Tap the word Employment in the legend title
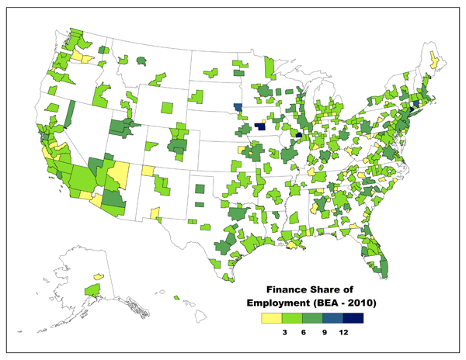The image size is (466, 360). pyautogui.click(x=282, y=302)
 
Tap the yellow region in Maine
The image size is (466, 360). pyautogui.click(x=433, y=58)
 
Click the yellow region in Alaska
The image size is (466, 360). pyautogui.click(x=99, y=275)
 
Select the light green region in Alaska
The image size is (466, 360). pyautogui.click(x=92, y=289)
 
